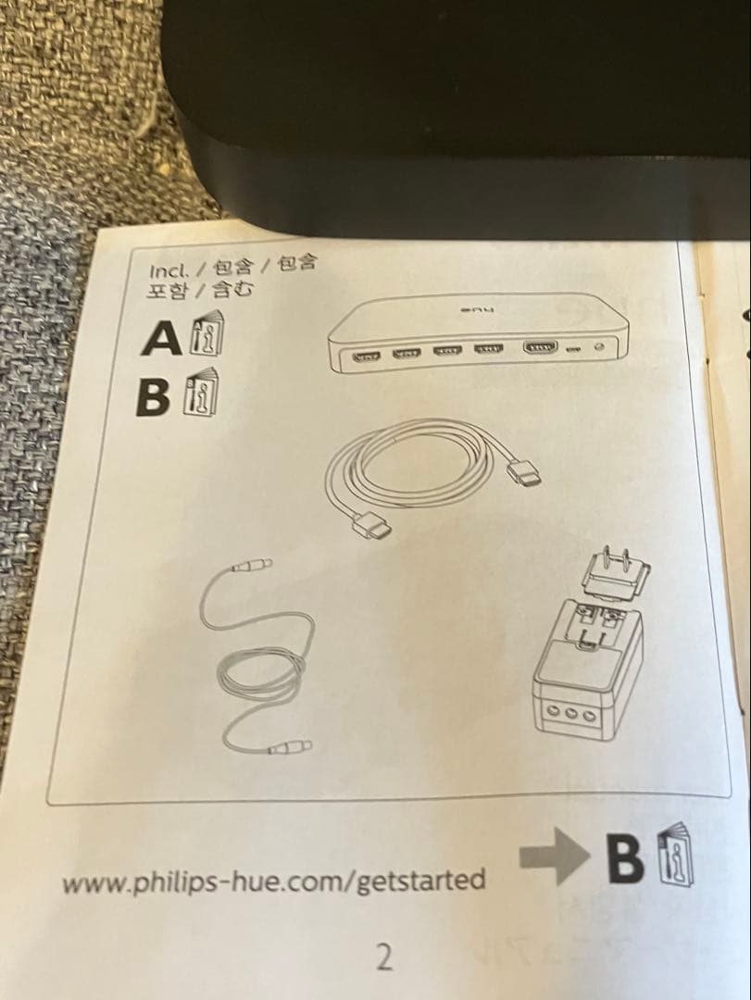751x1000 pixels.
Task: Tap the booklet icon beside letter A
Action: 205,336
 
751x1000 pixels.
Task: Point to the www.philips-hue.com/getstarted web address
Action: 273,880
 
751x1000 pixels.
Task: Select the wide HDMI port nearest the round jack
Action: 542,349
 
